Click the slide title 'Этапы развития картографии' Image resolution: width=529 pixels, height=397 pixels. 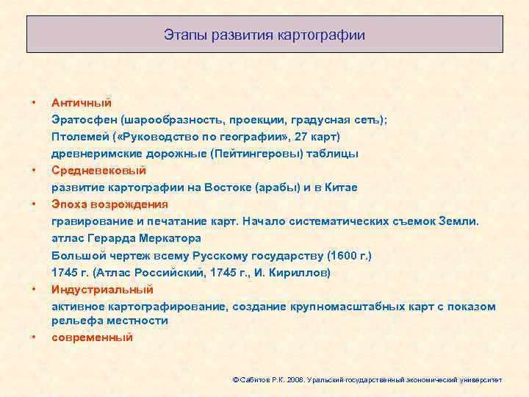pyautogui.click(x=264, y=35)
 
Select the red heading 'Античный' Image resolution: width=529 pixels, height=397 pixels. pyautogui.click(x=81, y=103)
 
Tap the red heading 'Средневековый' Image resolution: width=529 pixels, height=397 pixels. pyautogui.click(x=94, y=171)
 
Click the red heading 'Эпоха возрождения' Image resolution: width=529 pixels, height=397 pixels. pyautogui.click(x=109, y=204)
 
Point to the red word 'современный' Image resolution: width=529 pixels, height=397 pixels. pyautogui.click(x=92, y=337)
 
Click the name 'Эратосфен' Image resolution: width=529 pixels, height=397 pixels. pyautogui.click(x=84, y=120)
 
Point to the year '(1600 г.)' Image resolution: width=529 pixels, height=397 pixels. pyautogui.click(x=345, y=255)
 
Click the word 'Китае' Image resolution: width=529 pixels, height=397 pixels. pyautogui.click(x=340, y=187)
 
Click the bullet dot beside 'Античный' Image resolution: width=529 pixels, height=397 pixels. pyautogui.click(x=33, y=103)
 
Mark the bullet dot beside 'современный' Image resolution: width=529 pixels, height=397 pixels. pyautogui.click(x=33, y=337)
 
